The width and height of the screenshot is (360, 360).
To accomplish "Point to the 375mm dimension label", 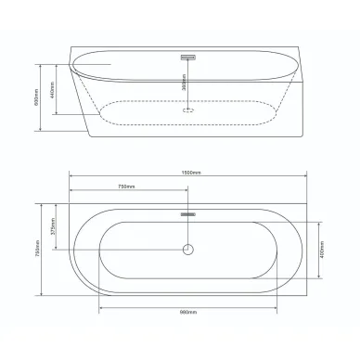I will [x=54, y=227].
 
